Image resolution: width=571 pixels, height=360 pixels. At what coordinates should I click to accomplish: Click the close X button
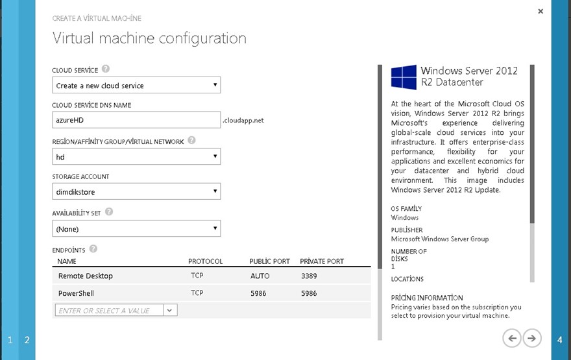[x=541, y=11]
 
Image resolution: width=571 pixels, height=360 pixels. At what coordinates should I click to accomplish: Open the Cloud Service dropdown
[x=136, y=86]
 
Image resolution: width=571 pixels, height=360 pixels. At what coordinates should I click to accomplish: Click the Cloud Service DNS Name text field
[x=136, y=120]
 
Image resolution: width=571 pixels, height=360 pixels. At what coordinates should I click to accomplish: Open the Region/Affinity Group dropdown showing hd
[x=136, y=157]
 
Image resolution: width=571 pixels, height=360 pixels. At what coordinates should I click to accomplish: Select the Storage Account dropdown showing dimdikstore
[x=136, y=192]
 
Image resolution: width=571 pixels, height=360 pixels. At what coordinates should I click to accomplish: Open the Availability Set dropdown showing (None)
[x=136, y=229]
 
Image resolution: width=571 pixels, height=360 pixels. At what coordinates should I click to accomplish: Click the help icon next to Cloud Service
[x=106, y=69]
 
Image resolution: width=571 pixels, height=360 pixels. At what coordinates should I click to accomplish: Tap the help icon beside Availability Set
[x=109, y=211]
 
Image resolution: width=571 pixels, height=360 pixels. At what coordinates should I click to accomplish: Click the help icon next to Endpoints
[x=93, y=248]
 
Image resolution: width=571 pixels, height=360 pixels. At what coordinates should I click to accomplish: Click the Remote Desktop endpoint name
[x=86, y=276]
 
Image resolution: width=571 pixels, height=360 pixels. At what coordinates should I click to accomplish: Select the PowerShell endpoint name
[x=77, y=293]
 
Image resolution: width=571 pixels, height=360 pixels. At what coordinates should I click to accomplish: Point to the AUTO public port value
[x=260, y=276]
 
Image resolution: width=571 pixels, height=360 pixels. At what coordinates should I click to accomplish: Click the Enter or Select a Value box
[x=108, y=311]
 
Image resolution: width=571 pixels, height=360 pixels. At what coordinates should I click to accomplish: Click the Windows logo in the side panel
[x=404, y=77]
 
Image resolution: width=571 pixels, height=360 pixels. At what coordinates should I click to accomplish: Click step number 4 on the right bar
[x=560, y=340]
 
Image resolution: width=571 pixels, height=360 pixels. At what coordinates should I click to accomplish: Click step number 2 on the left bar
[x=27, y=340]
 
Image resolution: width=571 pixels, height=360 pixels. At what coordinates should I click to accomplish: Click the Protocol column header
[x=205, y=261]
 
